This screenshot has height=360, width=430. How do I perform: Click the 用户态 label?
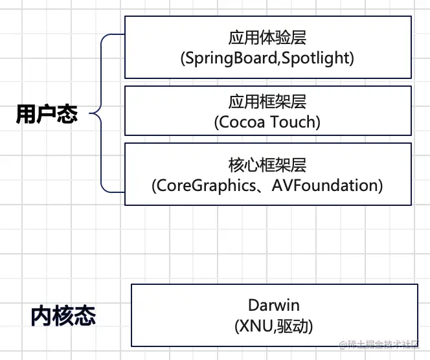(x=47, y=115)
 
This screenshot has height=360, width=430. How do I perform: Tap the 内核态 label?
(x=63, y=315)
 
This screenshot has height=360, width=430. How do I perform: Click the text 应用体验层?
(x=267, y=38)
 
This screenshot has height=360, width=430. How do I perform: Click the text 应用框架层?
(x=267, y=102)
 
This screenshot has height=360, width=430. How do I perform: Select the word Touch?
(x=293, y=122)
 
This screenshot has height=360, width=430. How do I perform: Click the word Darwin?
(x=274, y=304)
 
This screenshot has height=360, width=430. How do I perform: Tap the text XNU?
(x=256, y=327)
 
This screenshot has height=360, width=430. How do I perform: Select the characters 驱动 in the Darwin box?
(x=294, y=327)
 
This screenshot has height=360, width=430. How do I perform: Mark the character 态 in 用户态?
(x=68, y=115)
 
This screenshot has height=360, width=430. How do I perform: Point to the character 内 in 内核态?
(x=41, y=315)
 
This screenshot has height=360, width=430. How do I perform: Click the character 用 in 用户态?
(x=27, y=115)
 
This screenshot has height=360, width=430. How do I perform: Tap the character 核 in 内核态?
(x=63, y=315)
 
